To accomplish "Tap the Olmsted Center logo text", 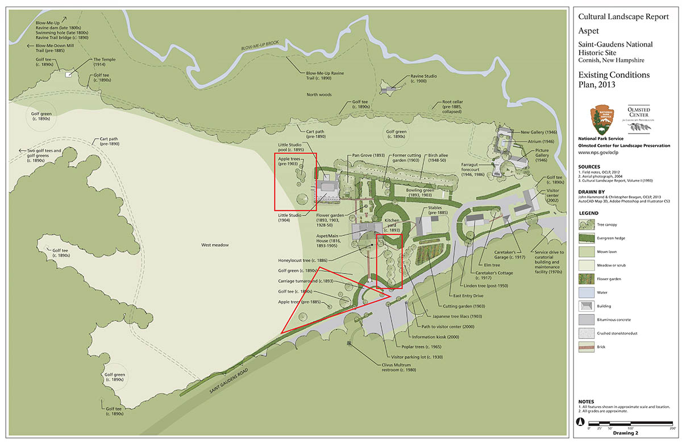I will coord(642,111).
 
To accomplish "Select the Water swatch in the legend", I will coord(587,292).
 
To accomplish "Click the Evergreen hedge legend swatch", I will coord(587,237).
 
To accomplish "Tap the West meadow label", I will coord(215,245).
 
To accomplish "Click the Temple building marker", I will coord(69,74).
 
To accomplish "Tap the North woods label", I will coord(319,94).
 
